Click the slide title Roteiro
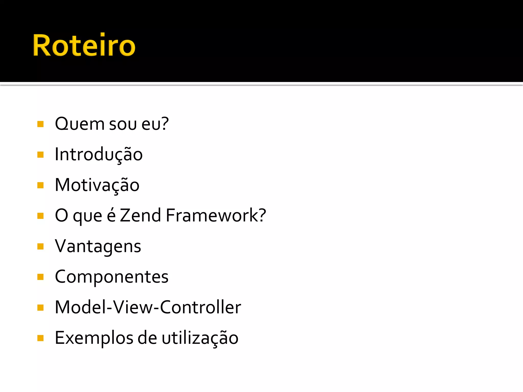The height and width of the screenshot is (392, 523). tap(84, 45)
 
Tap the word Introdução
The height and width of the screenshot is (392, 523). tap(99, 154)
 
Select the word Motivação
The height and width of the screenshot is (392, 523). tap(97, 185)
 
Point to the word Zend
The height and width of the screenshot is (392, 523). tap(140, 215)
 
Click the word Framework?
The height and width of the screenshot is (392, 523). tap(216, 215)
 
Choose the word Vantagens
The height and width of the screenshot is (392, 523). tap(98, 247)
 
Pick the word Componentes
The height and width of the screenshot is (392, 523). tap(112, 277)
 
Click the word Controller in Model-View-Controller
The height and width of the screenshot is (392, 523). tap(200, 307)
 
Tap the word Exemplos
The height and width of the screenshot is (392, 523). tap(94, 338)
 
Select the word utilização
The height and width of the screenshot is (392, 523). tap(200, 338)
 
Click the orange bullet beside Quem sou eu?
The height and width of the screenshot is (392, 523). tap(40, 124)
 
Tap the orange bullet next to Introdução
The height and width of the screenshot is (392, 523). tap(40, 155)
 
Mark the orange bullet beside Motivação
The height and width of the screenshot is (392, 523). tap(40, 185)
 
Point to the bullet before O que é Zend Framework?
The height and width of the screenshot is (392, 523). tap(40, 216)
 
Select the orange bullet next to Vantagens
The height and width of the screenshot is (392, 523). tap(40, 247)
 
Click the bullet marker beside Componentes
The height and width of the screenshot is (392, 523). tap(40, 277)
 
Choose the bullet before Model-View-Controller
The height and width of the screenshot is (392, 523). tap(40, 308)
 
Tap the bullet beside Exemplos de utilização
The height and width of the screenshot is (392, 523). tap(40, 338)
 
